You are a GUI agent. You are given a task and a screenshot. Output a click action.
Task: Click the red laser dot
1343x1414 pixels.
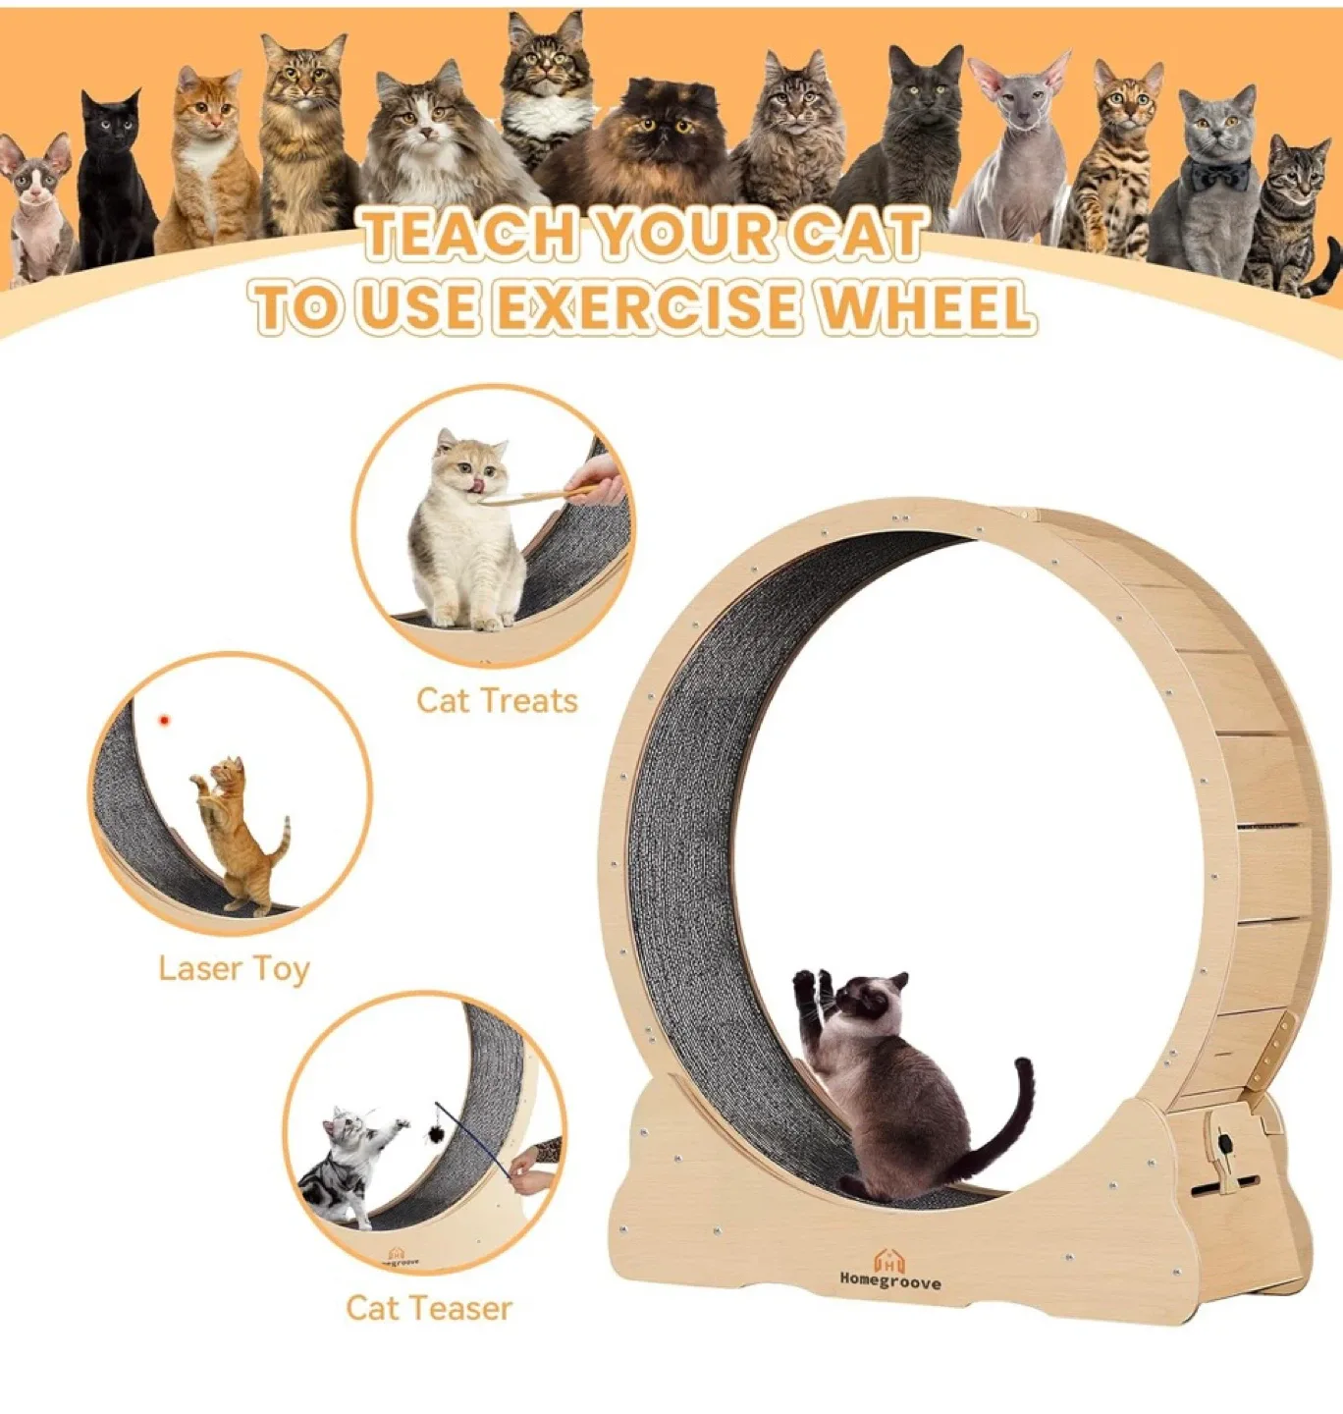click(x=164, y=721)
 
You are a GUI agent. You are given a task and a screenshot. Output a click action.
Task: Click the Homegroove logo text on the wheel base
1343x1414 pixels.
click(x=889, y=1281)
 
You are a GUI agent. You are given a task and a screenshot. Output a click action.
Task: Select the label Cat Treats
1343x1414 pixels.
click(x=497, y=701)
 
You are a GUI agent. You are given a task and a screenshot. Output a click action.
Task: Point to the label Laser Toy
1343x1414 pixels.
click(x=234, y=969)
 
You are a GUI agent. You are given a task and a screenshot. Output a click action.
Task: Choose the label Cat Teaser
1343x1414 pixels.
click(x=429, y=1308)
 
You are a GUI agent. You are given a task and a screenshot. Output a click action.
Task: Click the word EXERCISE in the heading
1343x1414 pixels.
click(x=650, y=306)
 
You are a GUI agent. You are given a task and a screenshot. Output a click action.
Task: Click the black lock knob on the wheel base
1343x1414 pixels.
click(x=1226, y=1143)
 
